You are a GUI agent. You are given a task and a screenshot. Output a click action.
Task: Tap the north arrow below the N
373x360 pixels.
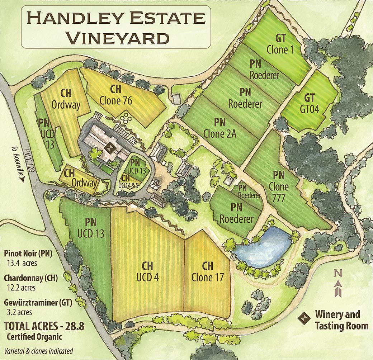click(x=337, y=289)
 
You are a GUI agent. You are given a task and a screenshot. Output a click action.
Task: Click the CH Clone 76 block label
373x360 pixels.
click(x=116, y=95)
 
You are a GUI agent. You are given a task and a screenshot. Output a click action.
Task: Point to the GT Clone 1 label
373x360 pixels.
click(x=280, y=44)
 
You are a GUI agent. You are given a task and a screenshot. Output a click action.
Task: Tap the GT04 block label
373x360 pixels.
click(x=309, y=103)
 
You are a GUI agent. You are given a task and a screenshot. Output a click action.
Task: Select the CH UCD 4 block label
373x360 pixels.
click(x=147, y=271)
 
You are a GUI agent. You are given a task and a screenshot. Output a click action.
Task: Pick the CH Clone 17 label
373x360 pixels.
click(x=207, y=271)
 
